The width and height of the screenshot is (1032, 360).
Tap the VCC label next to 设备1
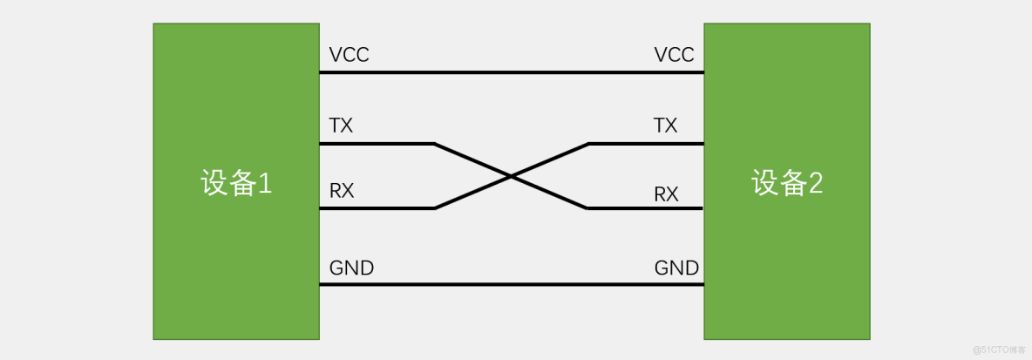(349, 55)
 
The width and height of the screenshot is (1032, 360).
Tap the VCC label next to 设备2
(674, 55)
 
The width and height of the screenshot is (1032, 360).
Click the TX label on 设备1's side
(341, 126)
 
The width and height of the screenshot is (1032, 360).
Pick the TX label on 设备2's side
(665, 126)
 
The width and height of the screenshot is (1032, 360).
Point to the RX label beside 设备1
(342, 191)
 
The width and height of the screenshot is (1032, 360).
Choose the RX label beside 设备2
(666, 194)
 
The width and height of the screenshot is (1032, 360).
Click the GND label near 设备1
(351, 268)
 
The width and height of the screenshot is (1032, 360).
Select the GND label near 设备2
(676, 268)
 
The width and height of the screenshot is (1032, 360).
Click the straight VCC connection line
(512, 72)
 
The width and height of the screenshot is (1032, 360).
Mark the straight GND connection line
(512, 284)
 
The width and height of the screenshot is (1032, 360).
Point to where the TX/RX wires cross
(511, 176)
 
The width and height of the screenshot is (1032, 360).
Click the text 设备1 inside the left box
(236, 183)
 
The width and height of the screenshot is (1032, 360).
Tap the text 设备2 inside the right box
(787, 182)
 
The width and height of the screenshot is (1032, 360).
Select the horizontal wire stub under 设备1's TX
(377, 143)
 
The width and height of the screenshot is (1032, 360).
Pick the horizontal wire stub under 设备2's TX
(645, 143)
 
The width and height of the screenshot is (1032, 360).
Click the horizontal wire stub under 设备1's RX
(377, 208)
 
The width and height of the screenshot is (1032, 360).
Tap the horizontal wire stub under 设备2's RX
(645, 208)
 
